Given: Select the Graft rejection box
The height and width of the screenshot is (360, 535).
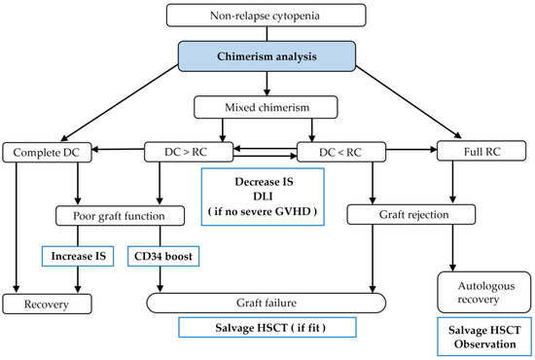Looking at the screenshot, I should click(x=401, y=214).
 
